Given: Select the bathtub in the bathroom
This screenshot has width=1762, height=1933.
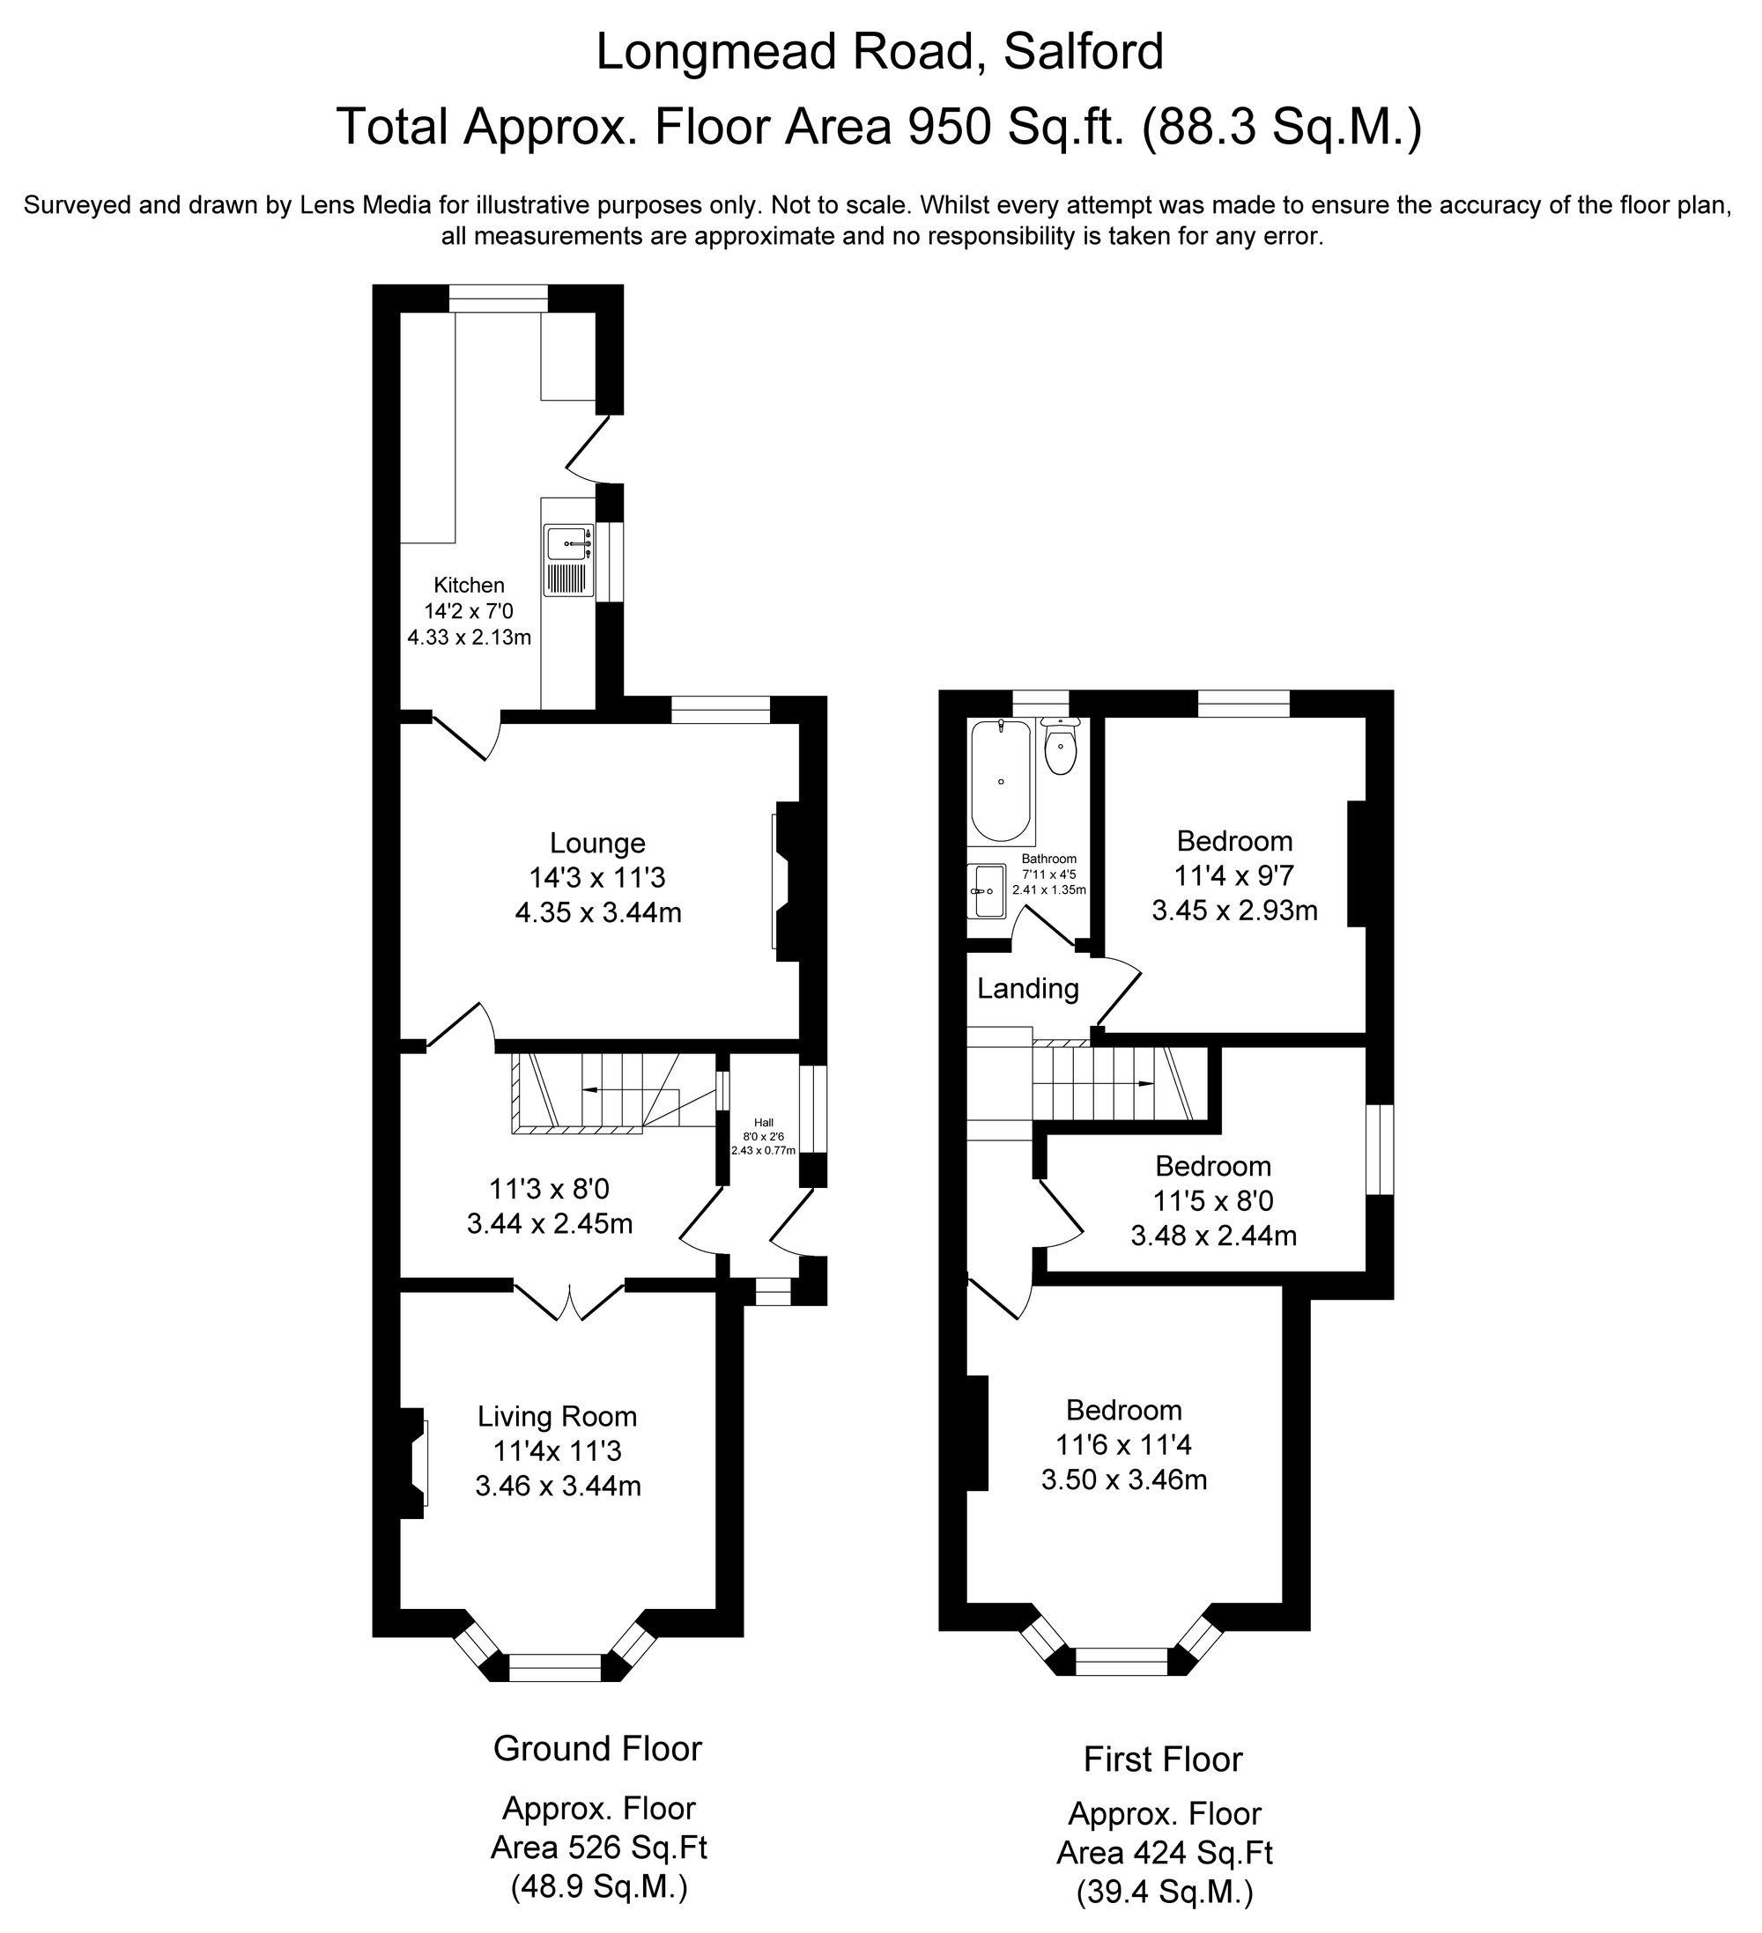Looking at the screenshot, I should [x=1001, y=781].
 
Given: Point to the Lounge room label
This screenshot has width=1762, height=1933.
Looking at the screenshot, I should [x=597, y=843].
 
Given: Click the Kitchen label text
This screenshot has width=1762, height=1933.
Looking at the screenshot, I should [x=469, y=585].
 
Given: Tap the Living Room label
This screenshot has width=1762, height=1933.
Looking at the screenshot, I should [x=558, y=1416].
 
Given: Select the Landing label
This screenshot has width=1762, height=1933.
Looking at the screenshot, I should [x=1027, y=989].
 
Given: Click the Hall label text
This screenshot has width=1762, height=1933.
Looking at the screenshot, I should [x=764, y=1123].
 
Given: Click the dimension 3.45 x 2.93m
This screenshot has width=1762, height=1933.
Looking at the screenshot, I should [x=1234, y=910].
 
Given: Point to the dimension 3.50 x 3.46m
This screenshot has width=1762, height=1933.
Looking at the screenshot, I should [x=1124, y=1479].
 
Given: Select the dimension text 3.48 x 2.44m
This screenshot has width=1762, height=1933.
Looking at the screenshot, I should [x=1213, y=1236].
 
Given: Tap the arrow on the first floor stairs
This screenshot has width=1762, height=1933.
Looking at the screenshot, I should [x=1144, y=1083].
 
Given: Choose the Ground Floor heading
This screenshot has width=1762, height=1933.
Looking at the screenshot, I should [x=596, y=1749].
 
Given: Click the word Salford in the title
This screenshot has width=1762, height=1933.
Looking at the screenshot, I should [x=1083, y=51].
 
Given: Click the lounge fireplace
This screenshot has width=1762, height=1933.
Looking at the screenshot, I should [x=785, y=882].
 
